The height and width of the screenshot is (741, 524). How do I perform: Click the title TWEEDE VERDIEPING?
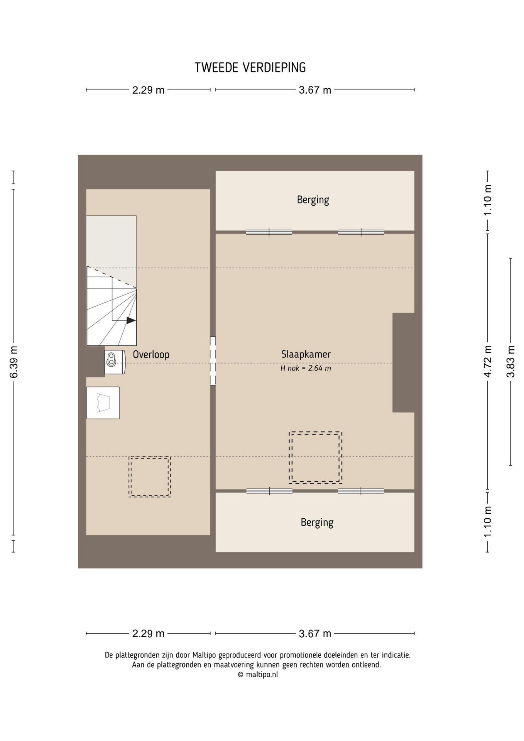click(250, 68)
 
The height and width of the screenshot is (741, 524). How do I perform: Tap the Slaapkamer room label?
click(306, 354)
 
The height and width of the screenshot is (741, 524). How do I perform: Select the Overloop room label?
click(151, 354)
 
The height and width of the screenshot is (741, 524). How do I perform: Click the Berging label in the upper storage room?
click(313, 200)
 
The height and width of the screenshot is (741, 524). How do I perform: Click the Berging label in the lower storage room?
click(317, 523)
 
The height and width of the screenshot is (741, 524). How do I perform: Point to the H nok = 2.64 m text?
click(306, 368)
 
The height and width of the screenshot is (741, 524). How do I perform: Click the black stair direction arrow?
click(131, 320)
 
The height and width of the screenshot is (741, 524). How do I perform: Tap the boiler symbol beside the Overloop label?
click(115, 362)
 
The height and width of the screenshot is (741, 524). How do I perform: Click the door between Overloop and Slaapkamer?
click(213, 361)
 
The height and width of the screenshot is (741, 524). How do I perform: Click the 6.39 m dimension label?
click(14, 362)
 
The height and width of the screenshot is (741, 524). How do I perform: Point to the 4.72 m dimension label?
click(488, 362)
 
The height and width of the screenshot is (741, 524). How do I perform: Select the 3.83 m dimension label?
click(510, 362)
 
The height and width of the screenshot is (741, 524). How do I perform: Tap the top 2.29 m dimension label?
click(148, 90)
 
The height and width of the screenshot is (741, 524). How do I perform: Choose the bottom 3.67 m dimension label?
click(315, 634)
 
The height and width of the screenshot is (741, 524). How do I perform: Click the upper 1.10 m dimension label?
click(488, 200)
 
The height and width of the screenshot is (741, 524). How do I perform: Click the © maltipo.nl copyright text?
click(257, 675)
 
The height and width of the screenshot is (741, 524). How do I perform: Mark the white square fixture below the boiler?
click(103, 403)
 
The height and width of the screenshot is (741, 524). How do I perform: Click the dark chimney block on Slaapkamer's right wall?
click(404, 362)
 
